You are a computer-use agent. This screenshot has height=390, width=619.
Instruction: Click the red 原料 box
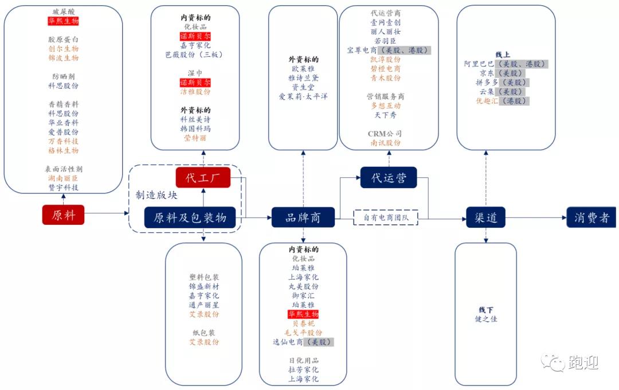coord(63,215)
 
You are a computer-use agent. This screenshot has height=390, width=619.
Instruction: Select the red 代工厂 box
coord(203,177)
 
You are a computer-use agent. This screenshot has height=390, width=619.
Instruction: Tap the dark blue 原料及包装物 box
coord(190,217)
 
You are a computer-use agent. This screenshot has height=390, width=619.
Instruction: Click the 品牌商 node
coord(303,217)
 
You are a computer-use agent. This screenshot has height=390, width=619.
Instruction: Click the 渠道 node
coord(485,217)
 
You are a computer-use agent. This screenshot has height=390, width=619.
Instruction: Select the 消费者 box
coord(591,217)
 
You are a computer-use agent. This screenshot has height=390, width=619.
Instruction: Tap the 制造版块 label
coord(156,195)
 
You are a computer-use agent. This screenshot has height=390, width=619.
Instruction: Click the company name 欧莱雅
coord(303,69)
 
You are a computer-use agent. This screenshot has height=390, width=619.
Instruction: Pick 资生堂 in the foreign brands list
coord(303,87)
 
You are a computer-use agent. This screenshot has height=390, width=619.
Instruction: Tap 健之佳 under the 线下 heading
coord(486,319)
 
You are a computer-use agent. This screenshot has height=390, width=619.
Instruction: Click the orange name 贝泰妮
coord(303,323)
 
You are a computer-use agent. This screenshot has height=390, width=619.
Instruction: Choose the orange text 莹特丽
coord(195,138)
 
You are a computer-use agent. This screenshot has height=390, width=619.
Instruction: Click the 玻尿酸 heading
coord(63,11)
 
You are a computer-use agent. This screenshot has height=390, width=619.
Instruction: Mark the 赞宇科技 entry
coord(63,188)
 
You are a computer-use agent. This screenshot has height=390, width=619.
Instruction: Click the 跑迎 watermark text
coord(583,362)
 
